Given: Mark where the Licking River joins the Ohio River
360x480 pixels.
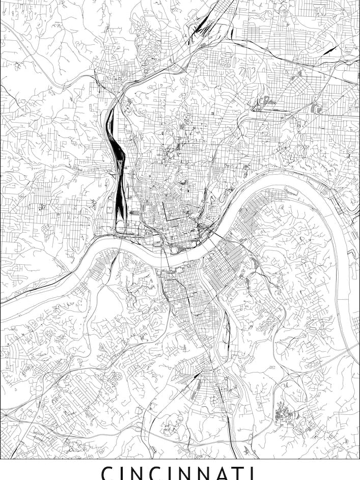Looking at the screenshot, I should [213, 239].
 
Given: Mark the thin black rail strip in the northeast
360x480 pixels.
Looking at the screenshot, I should [326, 50].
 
